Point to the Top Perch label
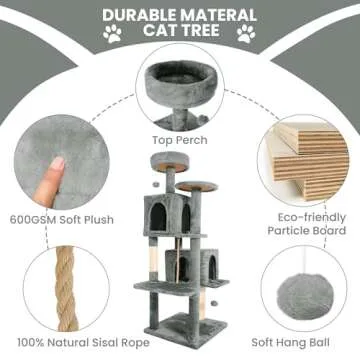point(180,141)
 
